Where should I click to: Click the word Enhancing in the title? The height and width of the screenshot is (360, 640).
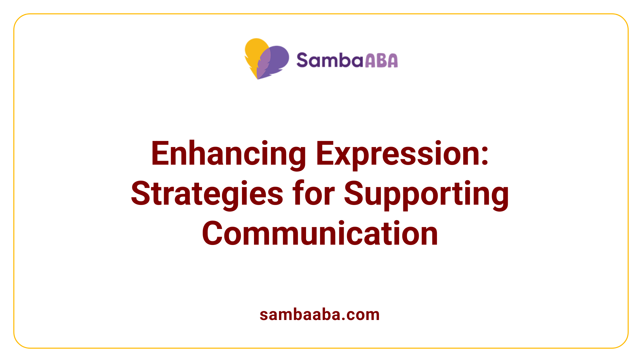[x=228, y=154]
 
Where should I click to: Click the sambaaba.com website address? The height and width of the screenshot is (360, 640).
[x=320, y=315]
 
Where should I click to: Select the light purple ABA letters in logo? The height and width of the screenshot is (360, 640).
[x=381, y=61]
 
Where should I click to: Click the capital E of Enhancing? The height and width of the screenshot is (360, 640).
[x=159, y=154]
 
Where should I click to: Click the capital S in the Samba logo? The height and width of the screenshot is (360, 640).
[x=303, y=61]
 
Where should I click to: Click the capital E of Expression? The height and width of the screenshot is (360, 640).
[x=324, y=154]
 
